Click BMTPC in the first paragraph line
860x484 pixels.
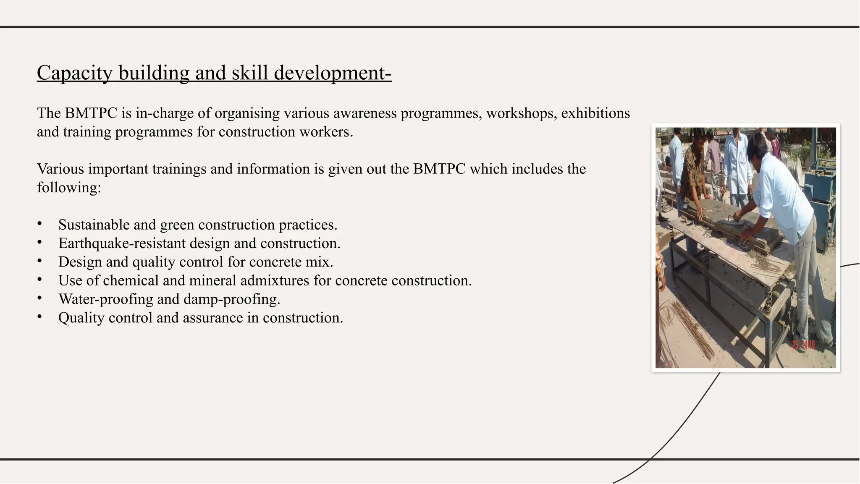click(x=91, y=113)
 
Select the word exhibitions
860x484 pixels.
click(x=595, y=113)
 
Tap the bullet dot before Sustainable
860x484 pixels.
click(x=39, y=224)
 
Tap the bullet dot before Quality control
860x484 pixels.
click(x=39, y=317)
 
